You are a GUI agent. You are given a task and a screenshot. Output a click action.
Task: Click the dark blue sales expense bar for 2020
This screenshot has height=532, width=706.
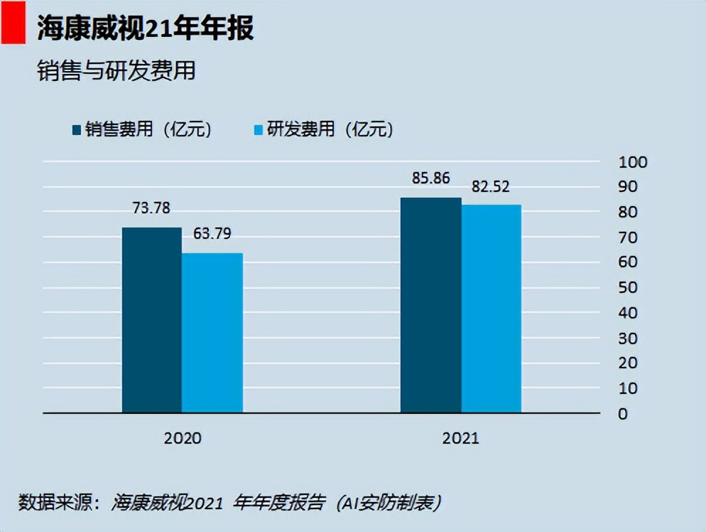coord(151,320)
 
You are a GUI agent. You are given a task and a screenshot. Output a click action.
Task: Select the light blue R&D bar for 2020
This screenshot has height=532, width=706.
coord(212,333)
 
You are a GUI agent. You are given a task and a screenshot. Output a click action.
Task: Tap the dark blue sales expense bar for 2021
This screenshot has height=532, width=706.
coord(430,305)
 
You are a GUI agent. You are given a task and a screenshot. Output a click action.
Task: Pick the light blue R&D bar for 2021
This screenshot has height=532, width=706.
coord(491,309)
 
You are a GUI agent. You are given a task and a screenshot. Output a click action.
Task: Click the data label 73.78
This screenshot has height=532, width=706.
coord(151,208)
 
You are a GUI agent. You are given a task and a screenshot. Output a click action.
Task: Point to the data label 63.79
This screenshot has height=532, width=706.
coord(212,233)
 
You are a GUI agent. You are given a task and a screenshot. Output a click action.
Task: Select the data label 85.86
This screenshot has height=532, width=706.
coord(430,178)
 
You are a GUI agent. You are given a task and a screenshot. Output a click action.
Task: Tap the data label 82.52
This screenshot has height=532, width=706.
coord(491,187)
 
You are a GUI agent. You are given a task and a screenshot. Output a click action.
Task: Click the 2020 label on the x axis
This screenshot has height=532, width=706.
coord(183,437)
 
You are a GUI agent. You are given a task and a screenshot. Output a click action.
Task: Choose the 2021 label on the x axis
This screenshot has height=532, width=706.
coord(460,437)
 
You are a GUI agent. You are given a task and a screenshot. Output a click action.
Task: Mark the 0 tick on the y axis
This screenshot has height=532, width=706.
coord(623,414)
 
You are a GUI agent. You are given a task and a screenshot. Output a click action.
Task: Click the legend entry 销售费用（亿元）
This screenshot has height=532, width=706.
coord(142,129)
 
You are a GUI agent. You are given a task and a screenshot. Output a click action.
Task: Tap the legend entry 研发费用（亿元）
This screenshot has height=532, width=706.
coord(323,129)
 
